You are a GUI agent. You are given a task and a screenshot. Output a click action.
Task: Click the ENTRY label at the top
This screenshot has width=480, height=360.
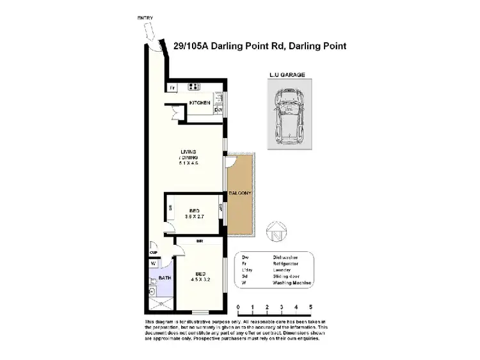145,18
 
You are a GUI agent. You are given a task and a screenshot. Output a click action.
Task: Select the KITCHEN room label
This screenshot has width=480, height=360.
200,103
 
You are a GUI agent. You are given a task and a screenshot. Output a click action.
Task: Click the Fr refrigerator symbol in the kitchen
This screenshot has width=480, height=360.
172,88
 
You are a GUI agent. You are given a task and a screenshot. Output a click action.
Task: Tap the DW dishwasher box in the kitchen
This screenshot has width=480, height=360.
218,110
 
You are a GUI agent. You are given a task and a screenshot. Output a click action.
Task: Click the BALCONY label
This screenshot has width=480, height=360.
241,193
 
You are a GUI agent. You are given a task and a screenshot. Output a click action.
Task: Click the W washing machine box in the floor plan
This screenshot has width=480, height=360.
153,263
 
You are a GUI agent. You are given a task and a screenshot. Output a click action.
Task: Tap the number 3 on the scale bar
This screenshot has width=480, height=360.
282,307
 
